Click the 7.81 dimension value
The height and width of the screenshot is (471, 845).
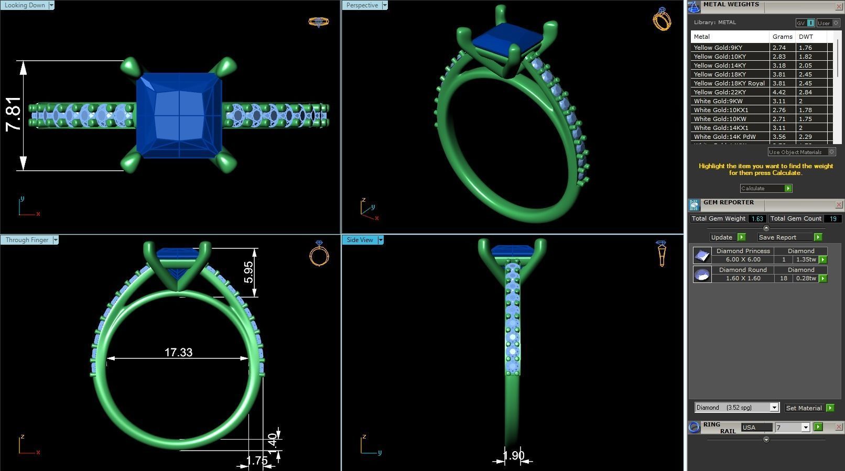coord(14,114)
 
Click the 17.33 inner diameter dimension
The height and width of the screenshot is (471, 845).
coord(178,352)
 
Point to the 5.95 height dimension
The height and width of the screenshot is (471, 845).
coord(248,272)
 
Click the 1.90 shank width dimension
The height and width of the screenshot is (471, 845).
coord(513,455)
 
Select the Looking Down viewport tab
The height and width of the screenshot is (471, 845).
coord(25,5)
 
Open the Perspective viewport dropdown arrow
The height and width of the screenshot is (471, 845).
coord(385,5)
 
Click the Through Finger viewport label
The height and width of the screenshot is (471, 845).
coord(27,240)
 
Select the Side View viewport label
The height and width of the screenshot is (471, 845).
coord(360,240)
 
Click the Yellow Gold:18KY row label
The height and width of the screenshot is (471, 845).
coord(720,74)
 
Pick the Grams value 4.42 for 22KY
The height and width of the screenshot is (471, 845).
coord(779,92)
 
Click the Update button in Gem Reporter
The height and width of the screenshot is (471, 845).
coord(721,237)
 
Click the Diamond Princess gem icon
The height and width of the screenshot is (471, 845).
coord(702,255)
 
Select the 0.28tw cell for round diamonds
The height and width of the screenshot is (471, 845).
coord(806,278)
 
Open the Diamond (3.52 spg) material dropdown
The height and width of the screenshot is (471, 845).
coord(774,408)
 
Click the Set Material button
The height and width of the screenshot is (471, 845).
coord(804,408)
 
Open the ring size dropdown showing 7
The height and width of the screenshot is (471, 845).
coord(806,428)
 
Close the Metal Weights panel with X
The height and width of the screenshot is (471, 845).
coord(839,6)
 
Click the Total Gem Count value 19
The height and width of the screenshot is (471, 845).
coord(832,218)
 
